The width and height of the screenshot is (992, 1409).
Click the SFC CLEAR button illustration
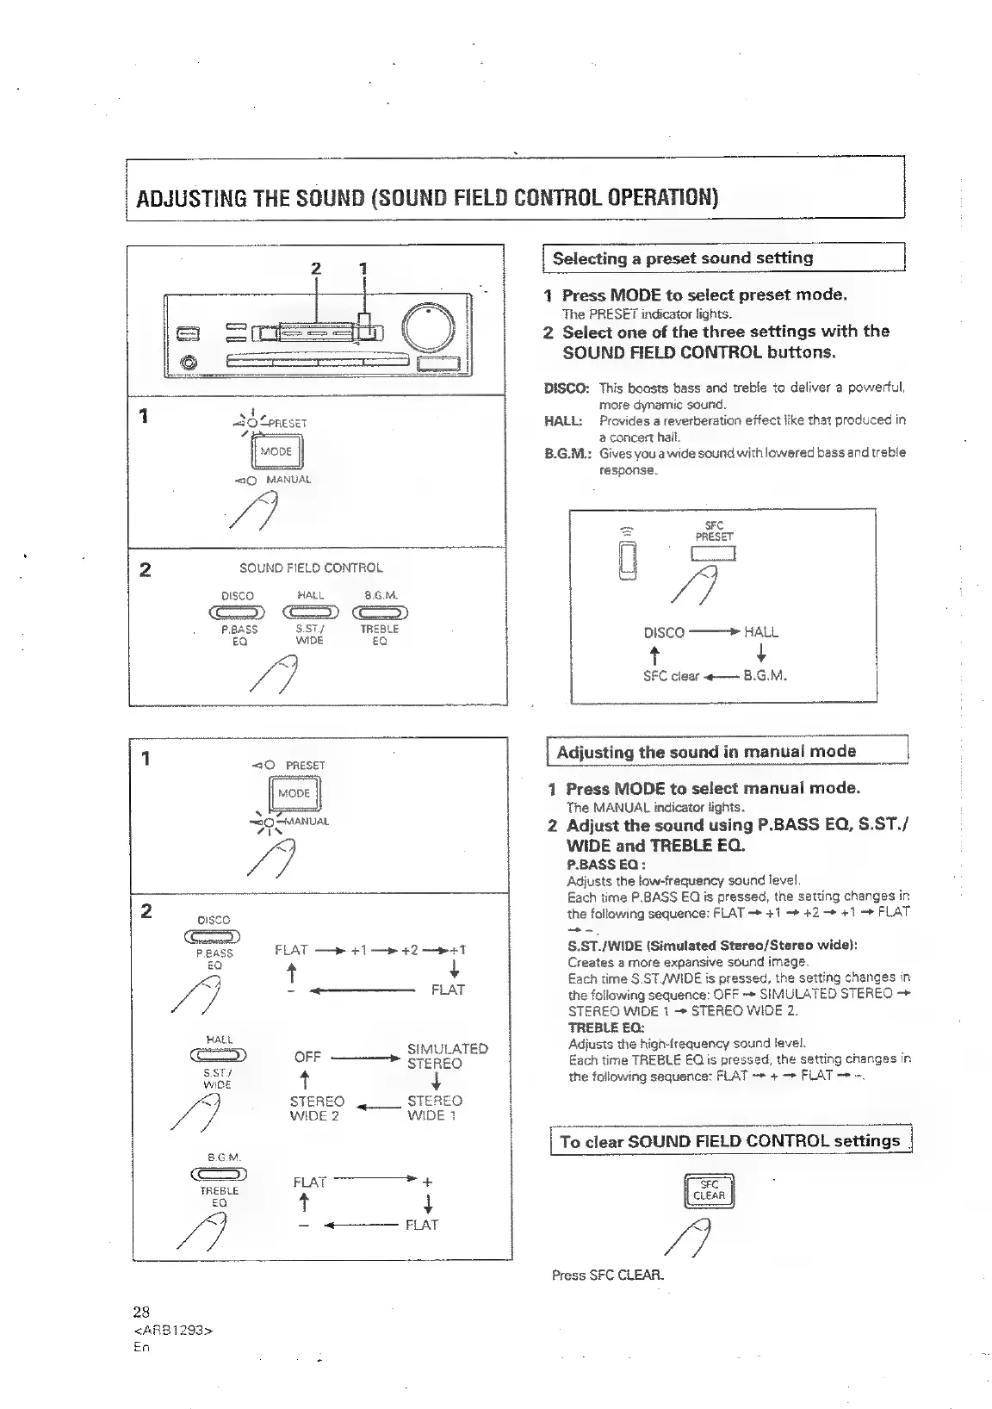(708, 1190)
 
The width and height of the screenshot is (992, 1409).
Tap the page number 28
(141, 1312)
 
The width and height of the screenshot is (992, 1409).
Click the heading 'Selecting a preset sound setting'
(682, 258)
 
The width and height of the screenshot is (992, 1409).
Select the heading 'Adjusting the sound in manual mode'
(706, 751)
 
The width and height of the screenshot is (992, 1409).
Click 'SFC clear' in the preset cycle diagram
(671, 676)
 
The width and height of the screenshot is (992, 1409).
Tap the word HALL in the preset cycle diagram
(760, 632)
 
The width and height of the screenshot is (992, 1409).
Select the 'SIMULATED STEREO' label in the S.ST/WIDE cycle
(447, 1056)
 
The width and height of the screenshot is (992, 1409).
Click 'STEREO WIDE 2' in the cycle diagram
(317, 1108)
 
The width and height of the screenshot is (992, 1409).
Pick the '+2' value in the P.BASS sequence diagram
(410, 950)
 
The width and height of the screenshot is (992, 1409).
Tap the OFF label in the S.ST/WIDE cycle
(307, 1057)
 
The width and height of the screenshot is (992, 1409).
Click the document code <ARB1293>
(173, 1330)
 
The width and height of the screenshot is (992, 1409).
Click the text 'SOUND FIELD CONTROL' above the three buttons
(311, 568)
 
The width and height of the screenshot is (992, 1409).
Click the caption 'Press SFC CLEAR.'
(608, 1275)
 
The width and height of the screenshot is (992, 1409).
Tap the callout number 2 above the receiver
(316, 268)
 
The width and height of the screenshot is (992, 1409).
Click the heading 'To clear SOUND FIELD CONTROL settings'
(729, 1141)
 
